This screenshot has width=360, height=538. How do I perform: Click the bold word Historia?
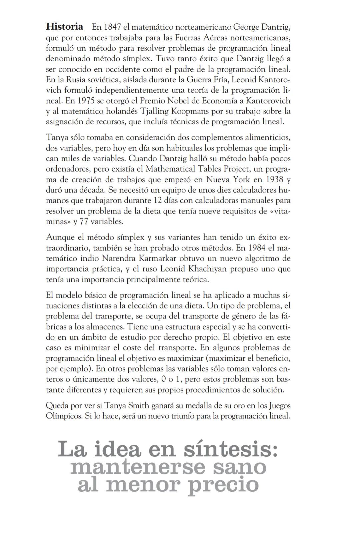tap(64, 26)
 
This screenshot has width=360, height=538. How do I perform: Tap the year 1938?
tap(275, 180)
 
